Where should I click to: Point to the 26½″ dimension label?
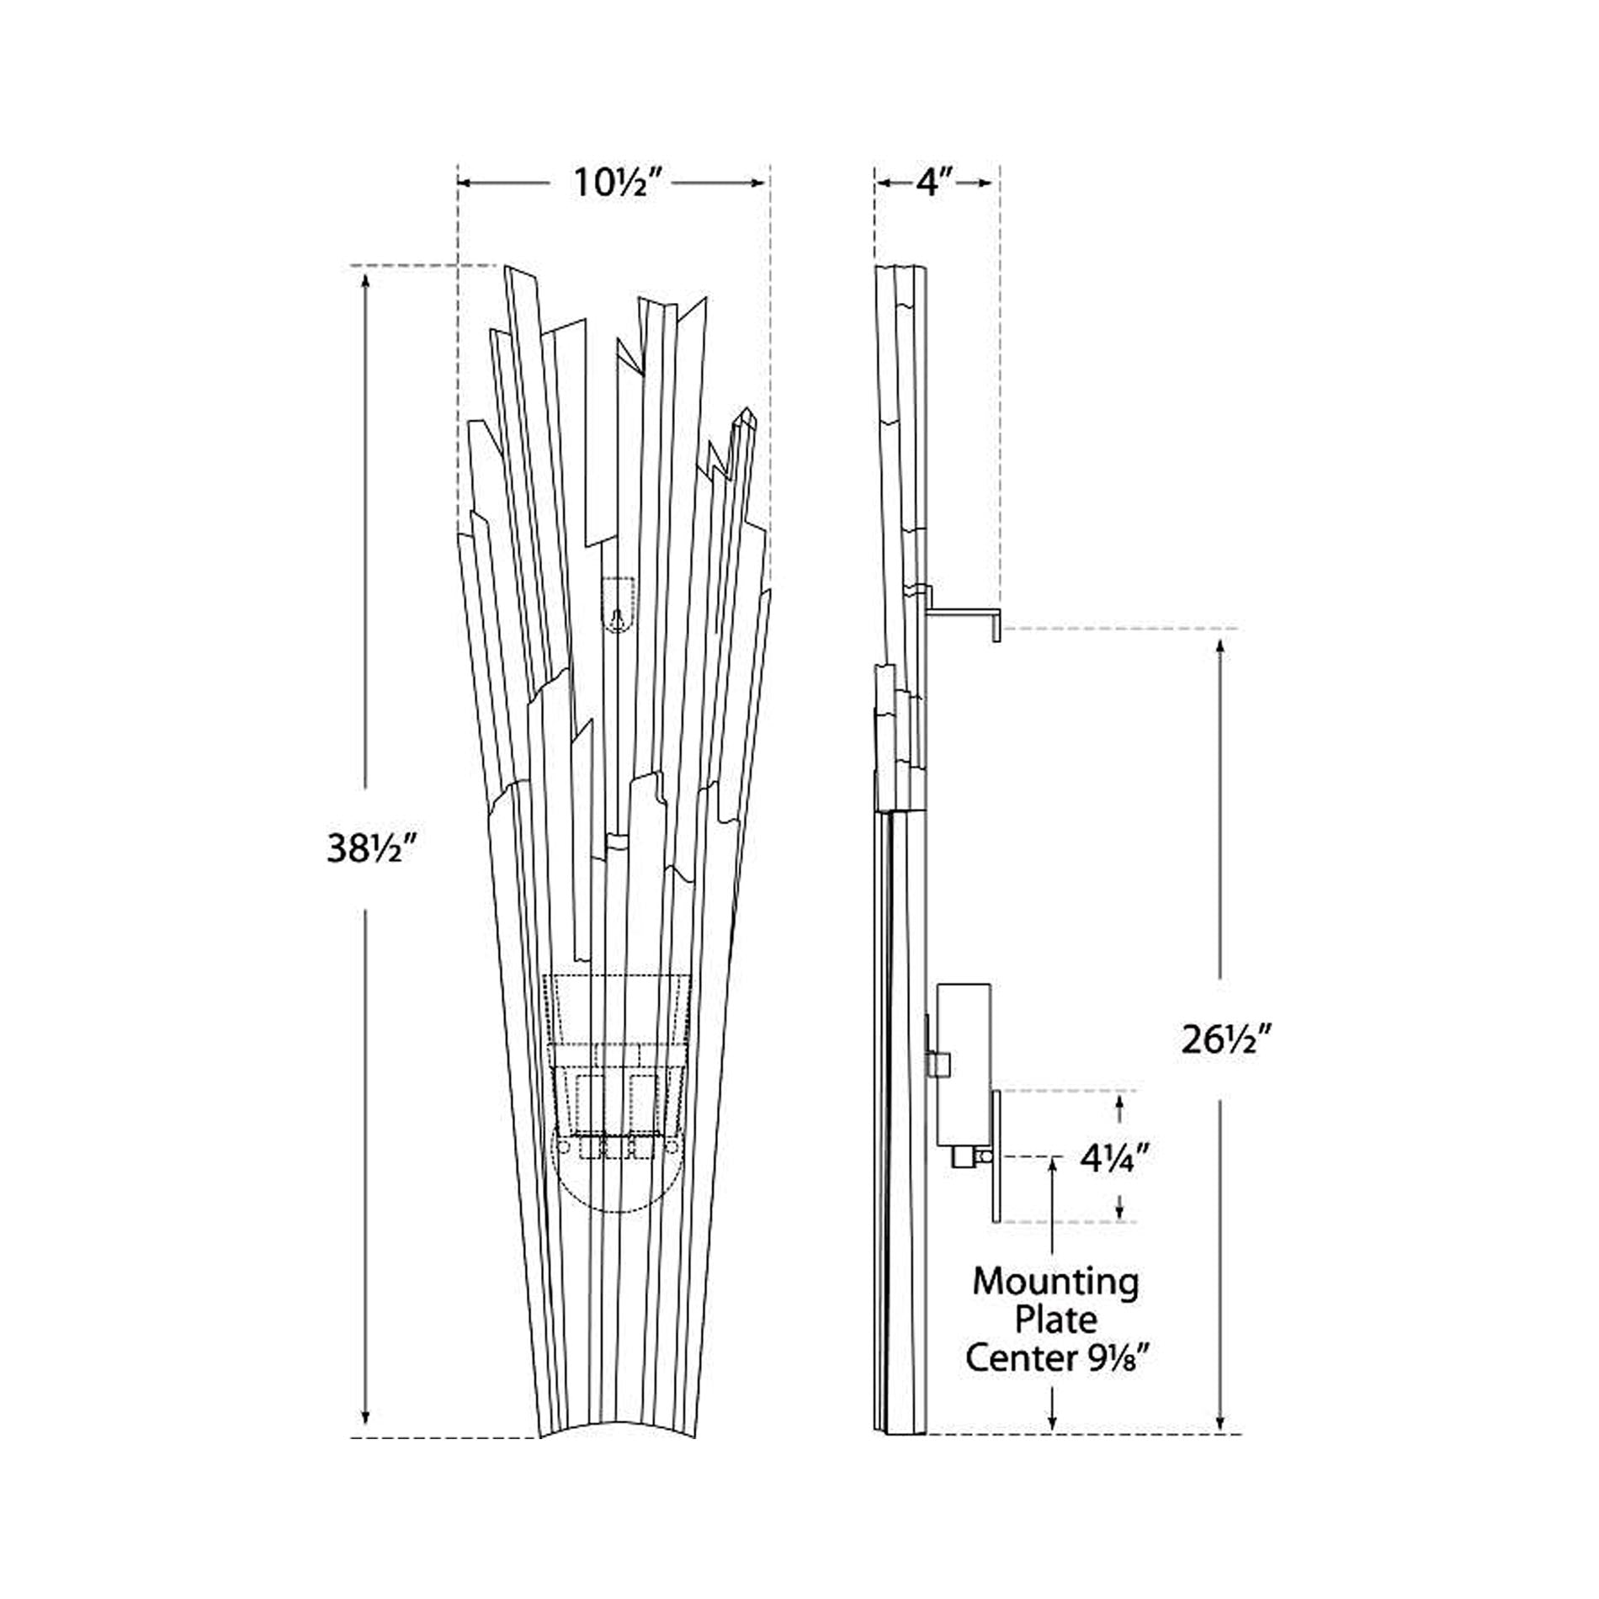tap(1224, 1041)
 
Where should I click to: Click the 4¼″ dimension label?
tap(1114, 1161)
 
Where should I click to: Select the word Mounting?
tap(1056, 1283)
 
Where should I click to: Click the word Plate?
tap(1056, 1320)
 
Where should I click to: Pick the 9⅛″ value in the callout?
tap(1110, 1357)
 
